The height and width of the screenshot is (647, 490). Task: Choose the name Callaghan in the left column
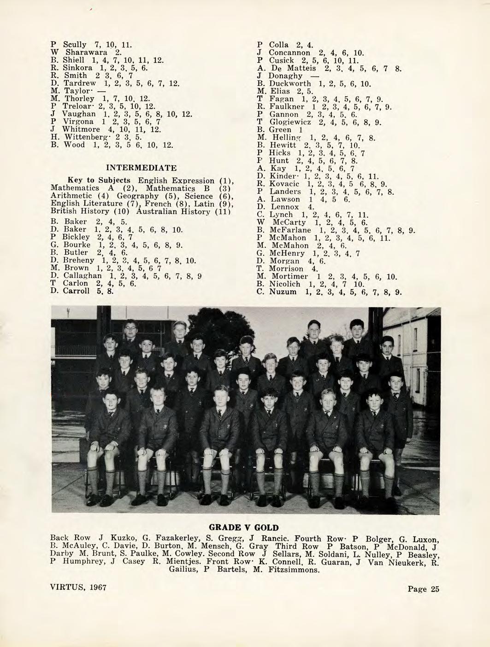click(79, 276)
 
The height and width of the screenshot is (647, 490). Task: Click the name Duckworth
click(289, 83)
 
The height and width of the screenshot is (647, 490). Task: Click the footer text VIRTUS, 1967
click(78, 588)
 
